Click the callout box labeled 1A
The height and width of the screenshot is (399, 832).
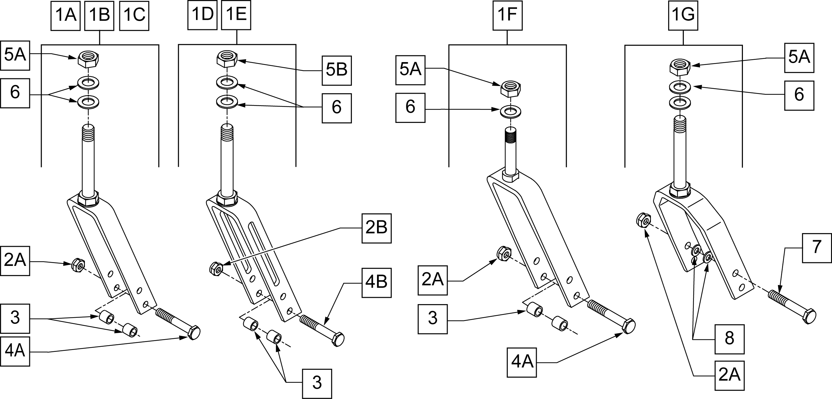click(x=66, y=16)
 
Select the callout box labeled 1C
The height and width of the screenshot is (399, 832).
click(x=134, y=16)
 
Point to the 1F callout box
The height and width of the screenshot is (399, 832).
click(x=507, y=16)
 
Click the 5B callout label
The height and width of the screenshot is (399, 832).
click(x=337, y=70)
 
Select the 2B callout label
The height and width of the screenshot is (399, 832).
click(x=376, y=228)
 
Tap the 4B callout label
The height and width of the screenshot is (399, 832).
click(x=376, y=282)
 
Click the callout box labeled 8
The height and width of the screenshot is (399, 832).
click(x=729, y=339)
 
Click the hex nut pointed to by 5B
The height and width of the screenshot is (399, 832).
click(x=227, y=59)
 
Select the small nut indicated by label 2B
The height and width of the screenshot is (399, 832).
click(x=216, y=269)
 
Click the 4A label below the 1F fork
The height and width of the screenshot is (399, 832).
click(x=521, y=362)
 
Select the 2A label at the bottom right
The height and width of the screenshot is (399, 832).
click(x=729, y=375)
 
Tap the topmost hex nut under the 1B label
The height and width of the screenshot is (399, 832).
click(x=88, y=59)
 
